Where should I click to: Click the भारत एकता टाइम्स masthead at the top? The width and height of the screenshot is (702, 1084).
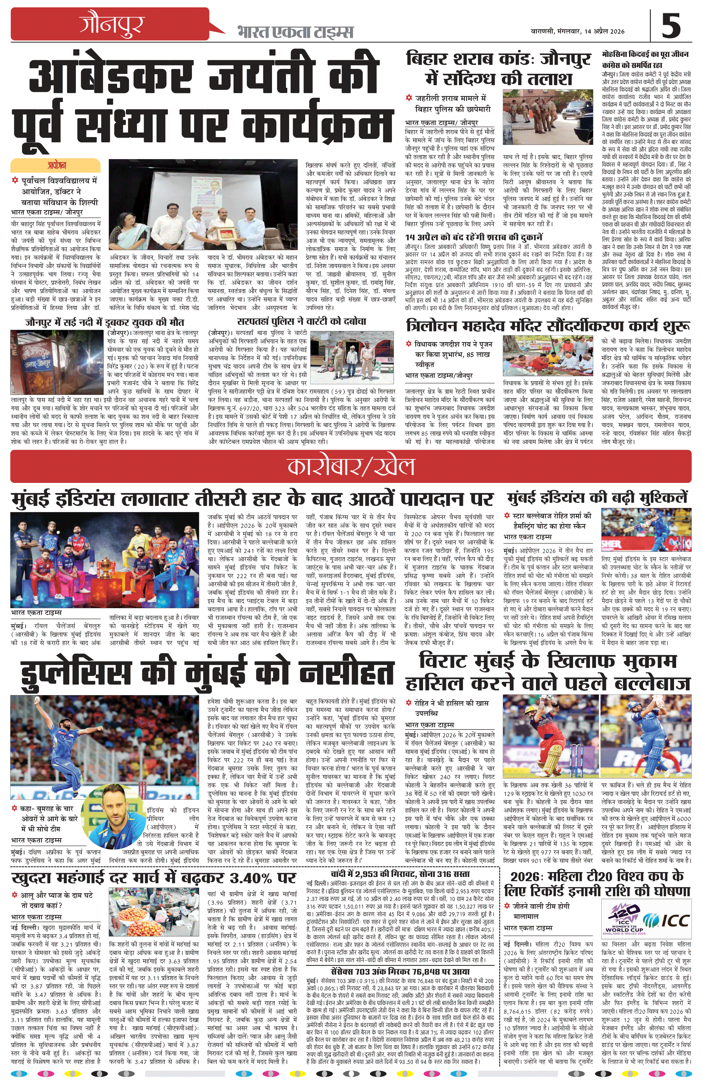coord(295,32)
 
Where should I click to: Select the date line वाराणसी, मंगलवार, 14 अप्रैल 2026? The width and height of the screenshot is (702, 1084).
coord(578,31)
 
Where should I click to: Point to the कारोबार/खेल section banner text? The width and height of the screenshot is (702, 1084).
coord(351,466)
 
